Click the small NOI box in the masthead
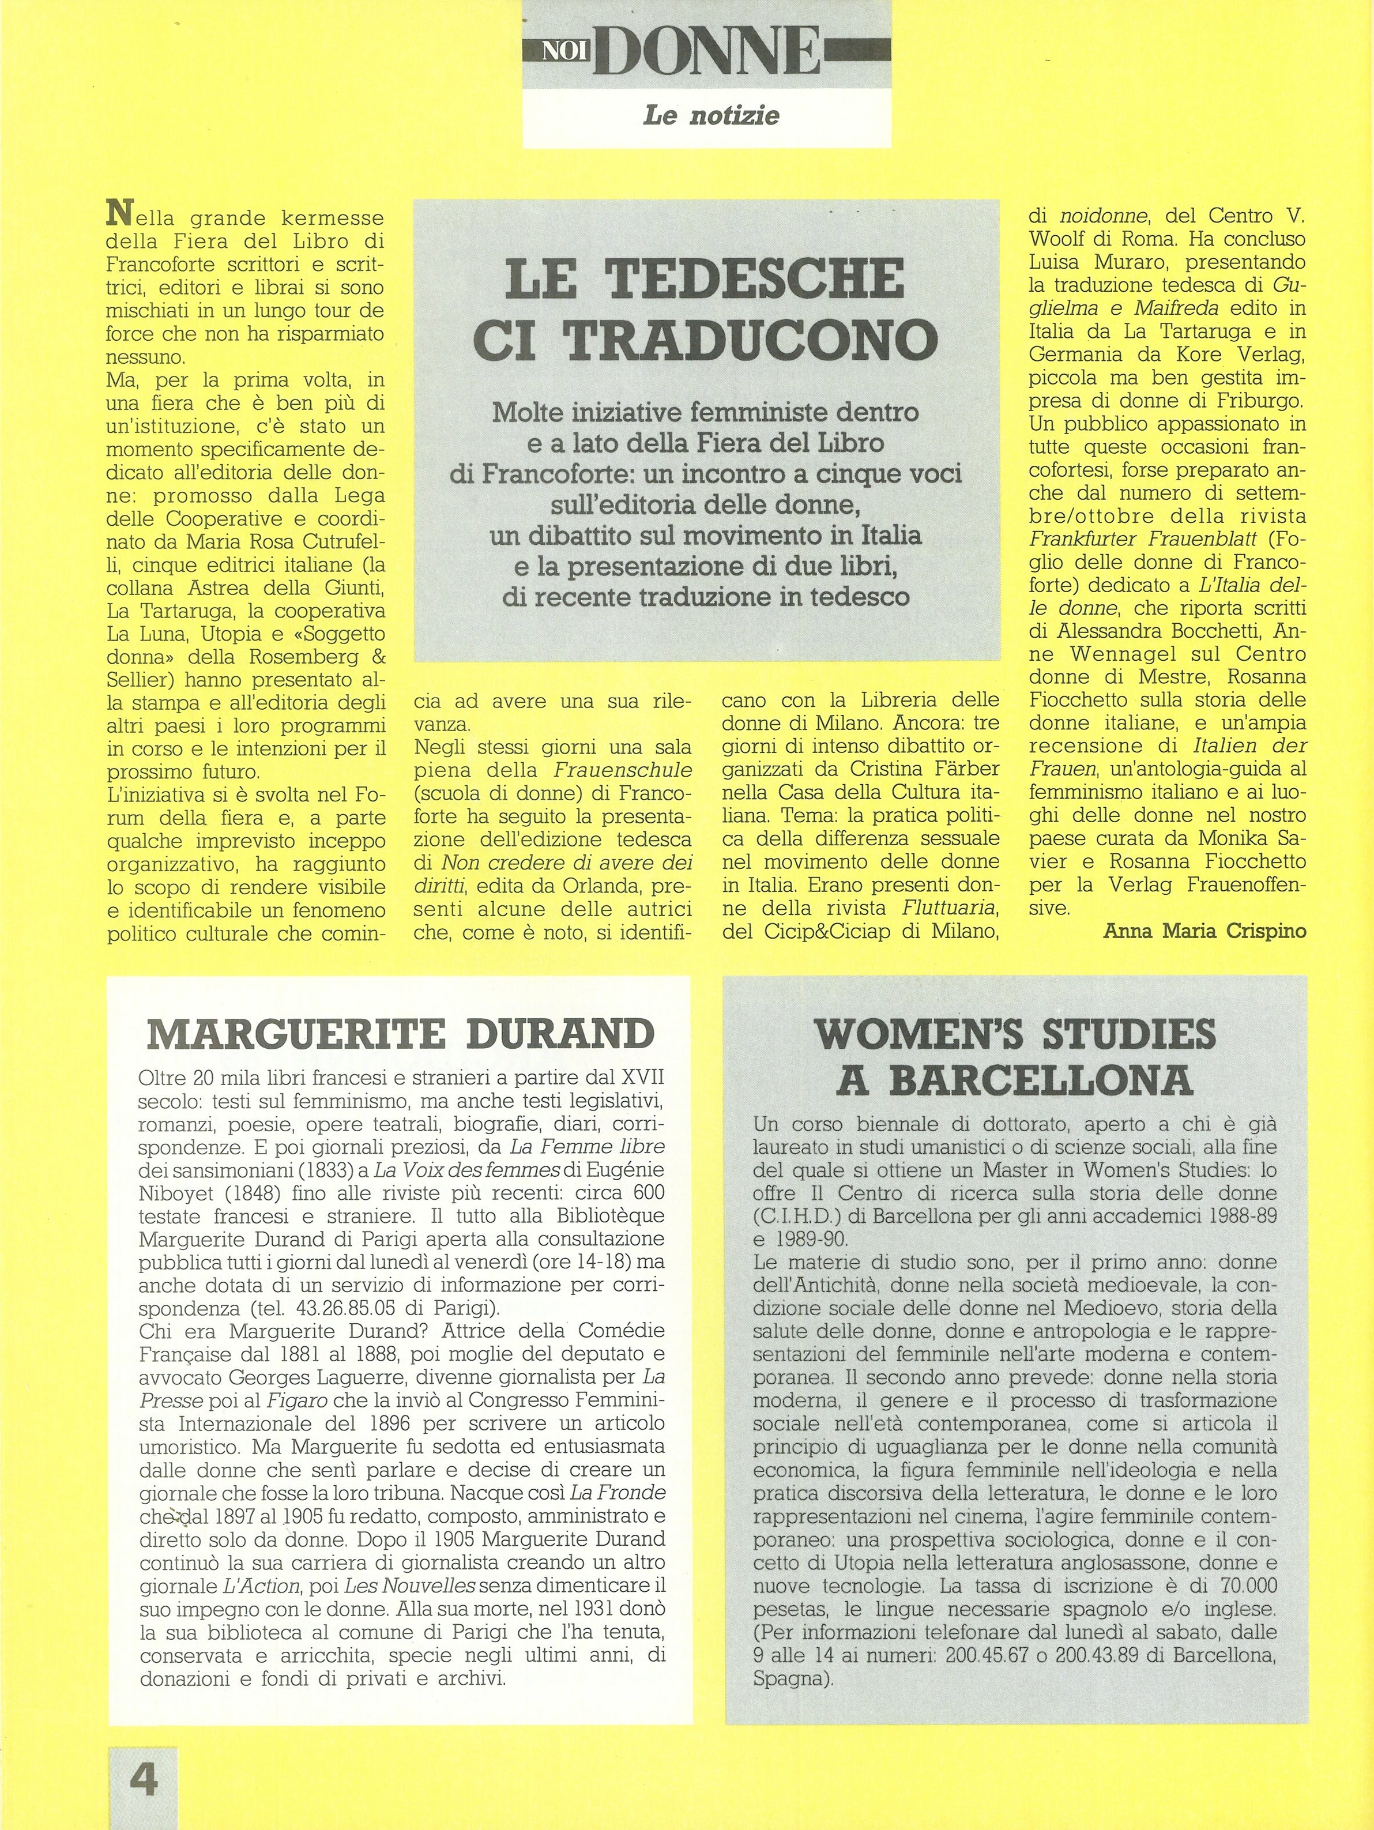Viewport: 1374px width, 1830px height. [563, 52]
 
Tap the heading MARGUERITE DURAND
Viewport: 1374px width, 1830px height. [400, 1034]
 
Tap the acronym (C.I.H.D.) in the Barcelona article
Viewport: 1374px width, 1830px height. [809, 1218]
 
